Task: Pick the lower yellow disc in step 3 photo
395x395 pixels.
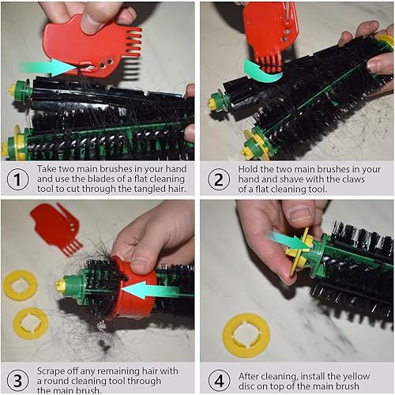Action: (31, 323)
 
